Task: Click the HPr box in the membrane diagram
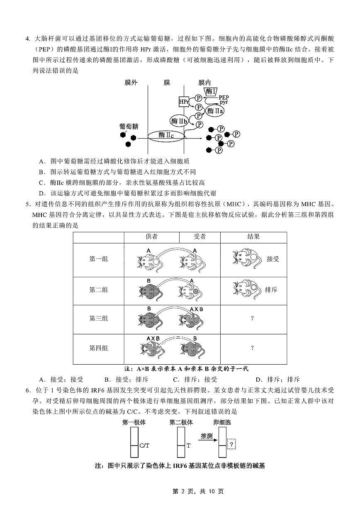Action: click(184, 101)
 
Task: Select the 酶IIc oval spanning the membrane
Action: click(166, 135)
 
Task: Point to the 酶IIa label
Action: click(215, 111)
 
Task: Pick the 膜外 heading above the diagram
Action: click(131, 83)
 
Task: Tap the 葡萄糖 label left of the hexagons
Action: click(129, 126)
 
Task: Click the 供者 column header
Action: click(151, 237)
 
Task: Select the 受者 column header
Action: click(199, 237)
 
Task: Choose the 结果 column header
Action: click(253, 237)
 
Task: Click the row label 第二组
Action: click(99, 290)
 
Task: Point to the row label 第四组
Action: click(99, 348)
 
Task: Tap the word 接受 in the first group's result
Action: click(273, 259)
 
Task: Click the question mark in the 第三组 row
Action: click(252, 319)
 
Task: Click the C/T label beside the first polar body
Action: click(144, 446)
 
